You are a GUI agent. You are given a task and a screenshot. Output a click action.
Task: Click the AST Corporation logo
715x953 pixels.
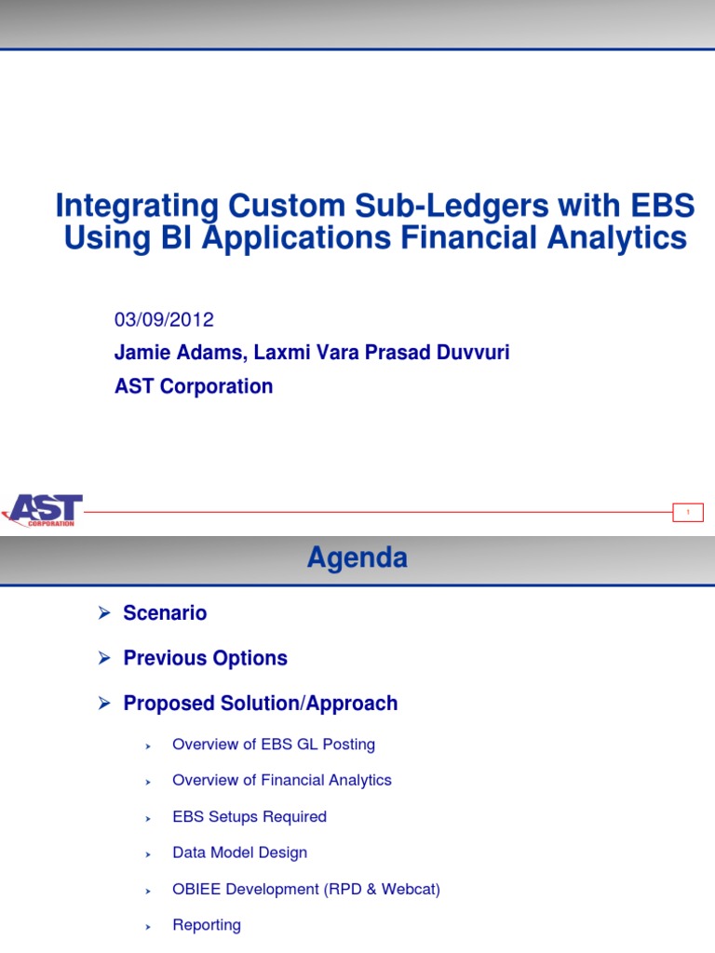(43, 510)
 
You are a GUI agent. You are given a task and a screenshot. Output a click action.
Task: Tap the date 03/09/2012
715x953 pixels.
(164, 320)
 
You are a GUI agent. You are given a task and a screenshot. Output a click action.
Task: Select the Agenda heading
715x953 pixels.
(357, 557)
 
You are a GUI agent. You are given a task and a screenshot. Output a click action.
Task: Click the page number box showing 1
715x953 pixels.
(688, 512)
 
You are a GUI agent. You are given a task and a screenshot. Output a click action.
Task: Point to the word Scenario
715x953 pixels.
(165, 613)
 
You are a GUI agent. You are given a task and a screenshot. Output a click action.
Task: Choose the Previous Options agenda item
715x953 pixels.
(205, 658)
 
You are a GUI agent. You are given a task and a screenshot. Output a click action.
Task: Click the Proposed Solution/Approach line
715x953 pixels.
(261, 703)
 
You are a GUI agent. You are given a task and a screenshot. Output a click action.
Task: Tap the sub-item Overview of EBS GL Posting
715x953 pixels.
(274, 745)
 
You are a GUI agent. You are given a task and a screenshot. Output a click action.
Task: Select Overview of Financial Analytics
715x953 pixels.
(282, 780)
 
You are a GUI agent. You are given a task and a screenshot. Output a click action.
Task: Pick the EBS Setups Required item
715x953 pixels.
(250, 816)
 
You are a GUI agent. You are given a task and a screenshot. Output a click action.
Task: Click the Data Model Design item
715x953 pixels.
(239, 852)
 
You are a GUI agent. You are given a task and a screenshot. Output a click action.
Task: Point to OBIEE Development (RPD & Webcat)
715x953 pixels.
(306, 889)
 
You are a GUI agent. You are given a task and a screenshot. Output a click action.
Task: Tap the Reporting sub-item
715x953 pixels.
(207, 925)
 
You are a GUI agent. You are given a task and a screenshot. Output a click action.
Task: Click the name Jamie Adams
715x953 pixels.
(171, 354)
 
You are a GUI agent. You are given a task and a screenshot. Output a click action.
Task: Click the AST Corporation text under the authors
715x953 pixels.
(194, 386)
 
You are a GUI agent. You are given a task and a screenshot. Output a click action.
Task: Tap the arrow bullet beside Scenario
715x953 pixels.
(104, 613)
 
